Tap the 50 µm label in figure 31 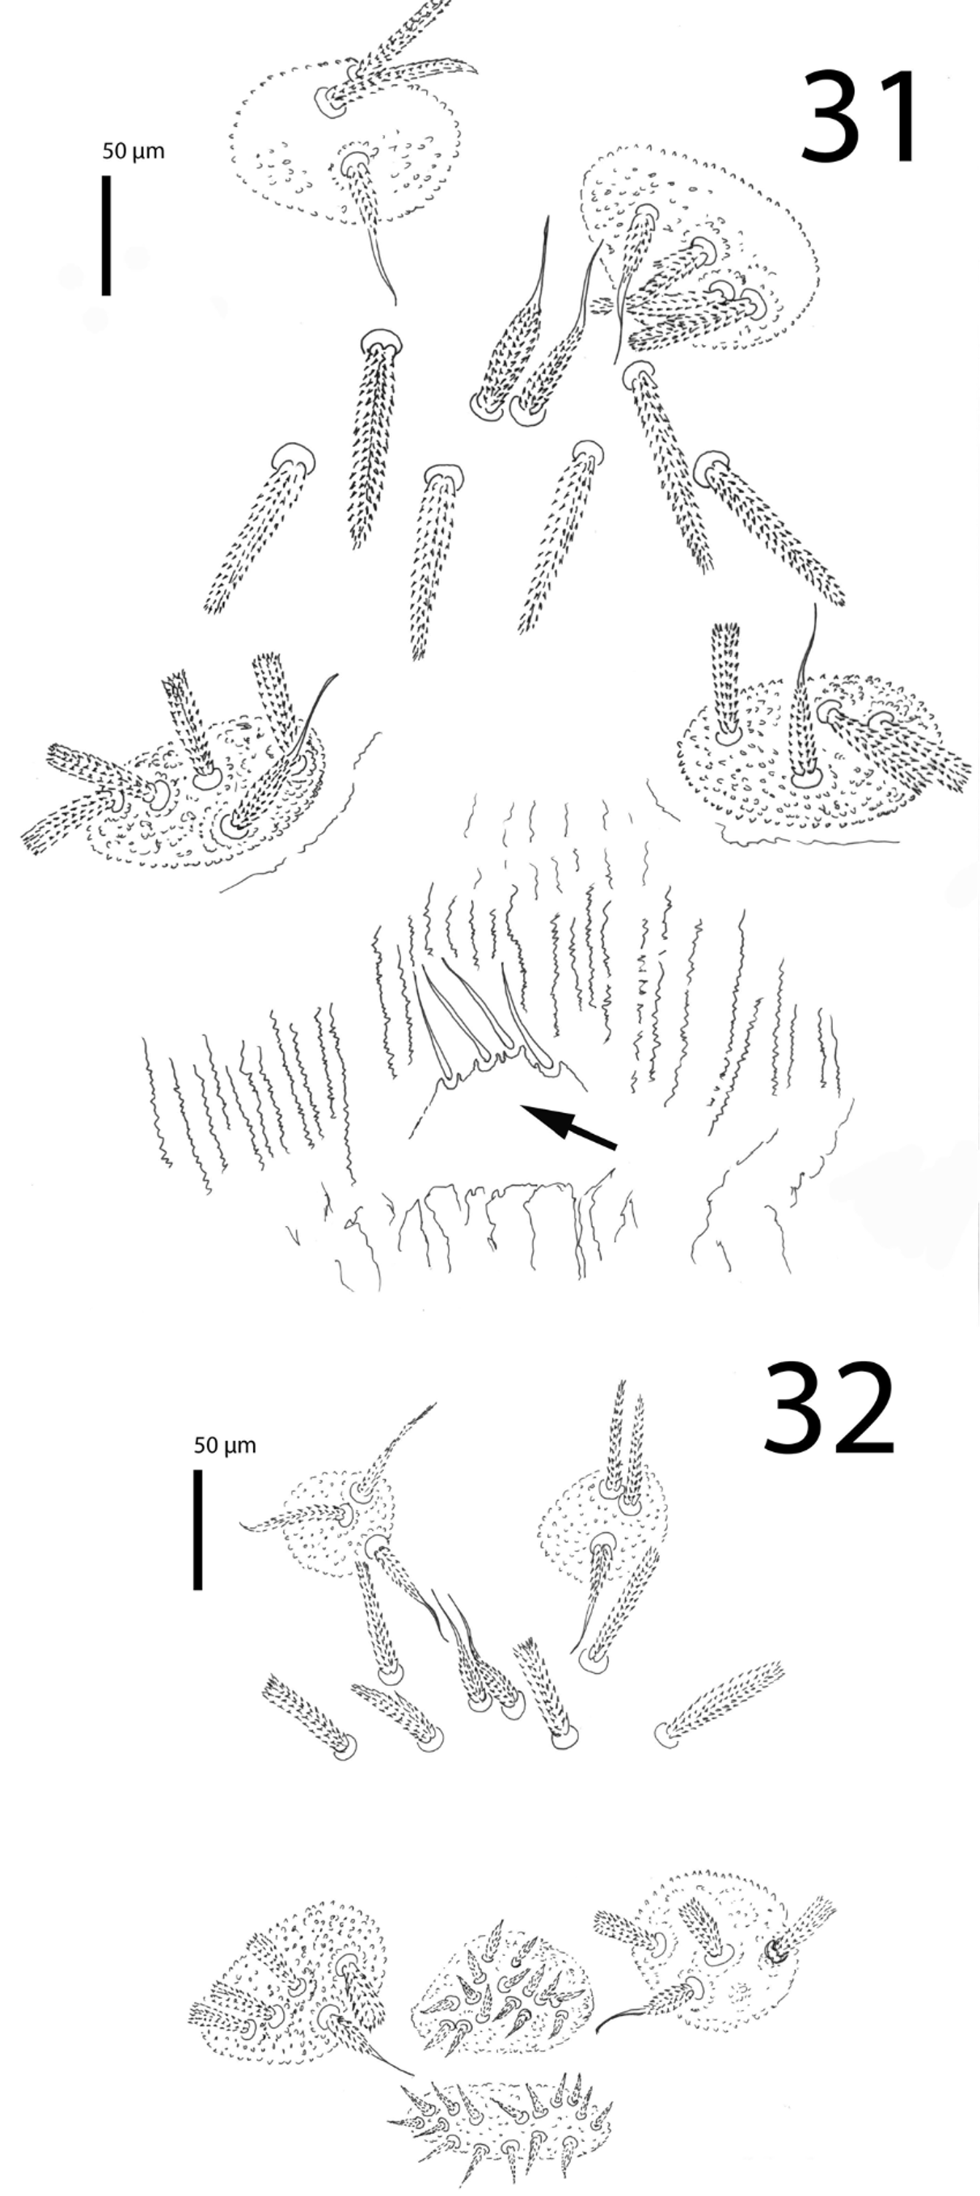(x=133, y=152)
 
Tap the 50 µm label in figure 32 (x=224, y=1446)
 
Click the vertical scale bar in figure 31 (x=107, y=235)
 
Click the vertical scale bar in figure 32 (x=198, y=1530)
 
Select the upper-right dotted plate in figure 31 (x=699, y=247)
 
